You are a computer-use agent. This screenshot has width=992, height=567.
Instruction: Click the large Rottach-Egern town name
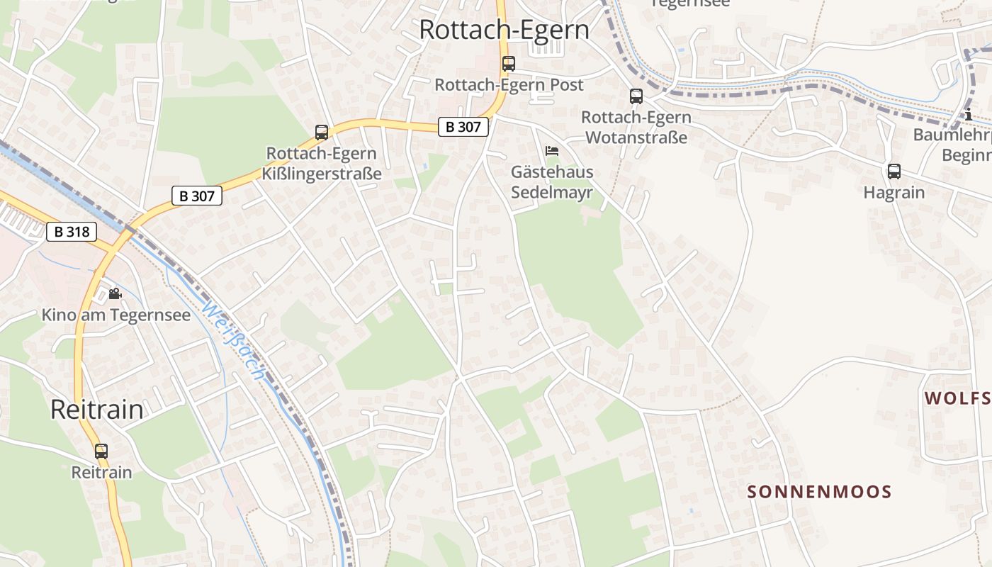504,30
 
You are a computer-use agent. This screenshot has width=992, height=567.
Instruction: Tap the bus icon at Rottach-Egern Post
508,63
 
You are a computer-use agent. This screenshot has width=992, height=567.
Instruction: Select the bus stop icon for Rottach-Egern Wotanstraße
636,96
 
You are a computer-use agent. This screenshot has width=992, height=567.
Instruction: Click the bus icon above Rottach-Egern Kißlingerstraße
321,133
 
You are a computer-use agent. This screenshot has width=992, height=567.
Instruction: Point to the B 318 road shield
72,232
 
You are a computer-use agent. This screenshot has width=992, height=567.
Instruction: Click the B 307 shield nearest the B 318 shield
196,196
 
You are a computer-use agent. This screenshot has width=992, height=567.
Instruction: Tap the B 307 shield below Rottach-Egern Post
463,127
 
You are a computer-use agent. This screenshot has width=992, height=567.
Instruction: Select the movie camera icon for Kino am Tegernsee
115,293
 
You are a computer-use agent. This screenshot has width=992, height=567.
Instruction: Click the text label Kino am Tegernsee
116,315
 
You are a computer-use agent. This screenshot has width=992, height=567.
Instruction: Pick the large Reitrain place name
97,410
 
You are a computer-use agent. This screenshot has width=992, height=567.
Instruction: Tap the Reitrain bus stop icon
101,451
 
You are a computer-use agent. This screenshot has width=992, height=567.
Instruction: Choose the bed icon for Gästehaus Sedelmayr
552,150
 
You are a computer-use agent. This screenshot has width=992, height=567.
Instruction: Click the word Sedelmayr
552,192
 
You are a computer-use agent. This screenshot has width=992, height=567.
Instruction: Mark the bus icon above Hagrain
894,171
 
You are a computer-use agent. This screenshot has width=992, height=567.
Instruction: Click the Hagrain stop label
894,192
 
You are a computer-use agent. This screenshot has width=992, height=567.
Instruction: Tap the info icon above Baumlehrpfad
969,115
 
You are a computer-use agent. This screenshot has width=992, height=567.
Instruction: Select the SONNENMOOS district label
819,492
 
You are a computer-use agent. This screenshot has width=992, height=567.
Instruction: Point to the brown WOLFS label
957,398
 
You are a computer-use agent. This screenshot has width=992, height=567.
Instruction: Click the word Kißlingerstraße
324,174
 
